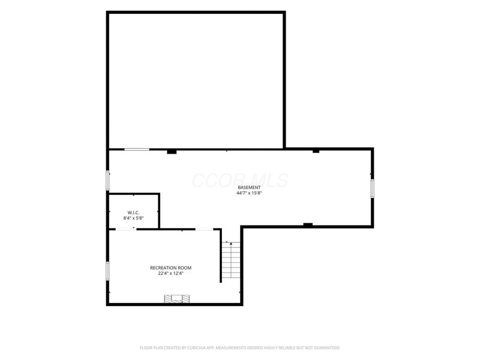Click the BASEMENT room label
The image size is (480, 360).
point(249,187)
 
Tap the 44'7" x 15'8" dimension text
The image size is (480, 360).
point(249,193)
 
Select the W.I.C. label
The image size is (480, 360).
point(133,212)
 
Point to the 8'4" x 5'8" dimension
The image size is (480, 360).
point(133,218)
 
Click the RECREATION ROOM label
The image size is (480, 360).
point(170,268)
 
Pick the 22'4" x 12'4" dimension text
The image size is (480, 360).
point(170,274)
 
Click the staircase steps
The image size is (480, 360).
point(231,260)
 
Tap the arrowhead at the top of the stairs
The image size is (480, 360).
point(231,243)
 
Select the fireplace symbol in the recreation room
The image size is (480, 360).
point(176,299)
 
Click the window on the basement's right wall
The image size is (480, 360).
point(372,188)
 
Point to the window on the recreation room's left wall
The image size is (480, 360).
point(107,271)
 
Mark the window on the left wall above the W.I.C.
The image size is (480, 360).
point(107,180)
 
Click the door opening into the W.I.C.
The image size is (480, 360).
point(125,229)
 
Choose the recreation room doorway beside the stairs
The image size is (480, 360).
point(204,229)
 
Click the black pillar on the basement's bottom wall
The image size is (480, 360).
point(308,225)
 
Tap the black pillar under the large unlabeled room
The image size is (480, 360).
point(172,152)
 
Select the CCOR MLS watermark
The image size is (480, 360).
point(241,181)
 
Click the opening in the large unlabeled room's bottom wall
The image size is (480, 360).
point(137,149)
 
